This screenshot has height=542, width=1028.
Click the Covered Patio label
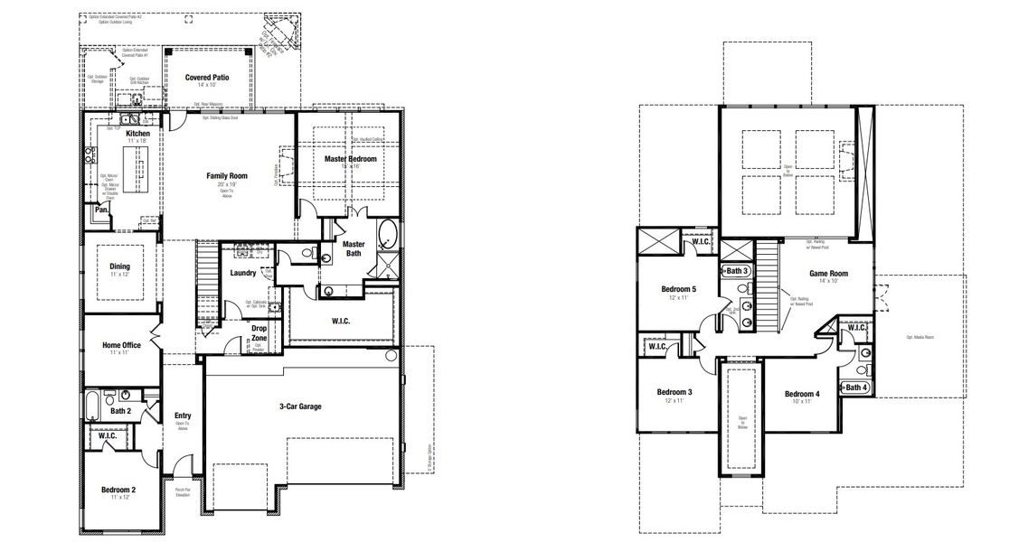tap(207, 78)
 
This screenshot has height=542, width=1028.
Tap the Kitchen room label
tap(137, 134)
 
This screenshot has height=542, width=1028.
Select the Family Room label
tap(227, 175)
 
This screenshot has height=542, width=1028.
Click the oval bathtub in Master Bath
tap(387, 234)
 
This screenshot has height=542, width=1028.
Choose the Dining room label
tap(120, 266)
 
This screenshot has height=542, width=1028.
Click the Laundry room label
tap(243, 273)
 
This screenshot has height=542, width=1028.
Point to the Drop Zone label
tap(259, 332)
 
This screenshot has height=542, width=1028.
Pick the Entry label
tap(183, 416)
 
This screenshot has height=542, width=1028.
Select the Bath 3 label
tap(738, 270)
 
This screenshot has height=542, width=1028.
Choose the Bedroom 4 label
tap(802, 394)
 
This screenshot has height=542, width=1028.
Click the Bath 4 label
tap(855, 388)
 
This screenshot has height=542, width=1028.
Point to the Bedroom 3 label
tap(674, 391)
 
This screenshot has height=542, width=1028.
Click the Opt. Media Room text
tap(920, 336)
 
